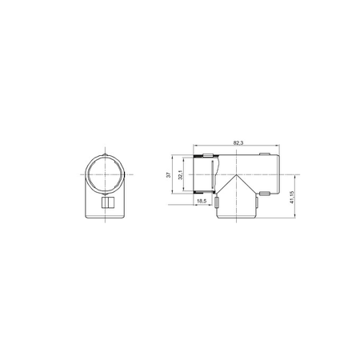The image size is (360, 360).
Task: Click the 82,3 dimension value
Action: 238,142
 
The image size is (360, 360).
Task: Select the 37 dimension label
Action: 168,175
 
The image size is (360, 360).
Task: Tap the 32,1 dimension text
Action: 180,174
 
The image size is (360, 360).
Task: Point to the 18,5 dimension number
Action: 202,201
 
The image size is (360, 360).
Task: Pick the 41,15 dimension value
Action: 291,197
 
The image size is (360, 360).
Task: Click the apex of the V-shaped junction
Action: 236,174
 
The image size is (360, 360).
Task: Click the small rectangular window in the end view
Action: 108,202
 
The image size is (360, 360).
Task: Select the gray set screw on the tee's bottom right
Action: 264,194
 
